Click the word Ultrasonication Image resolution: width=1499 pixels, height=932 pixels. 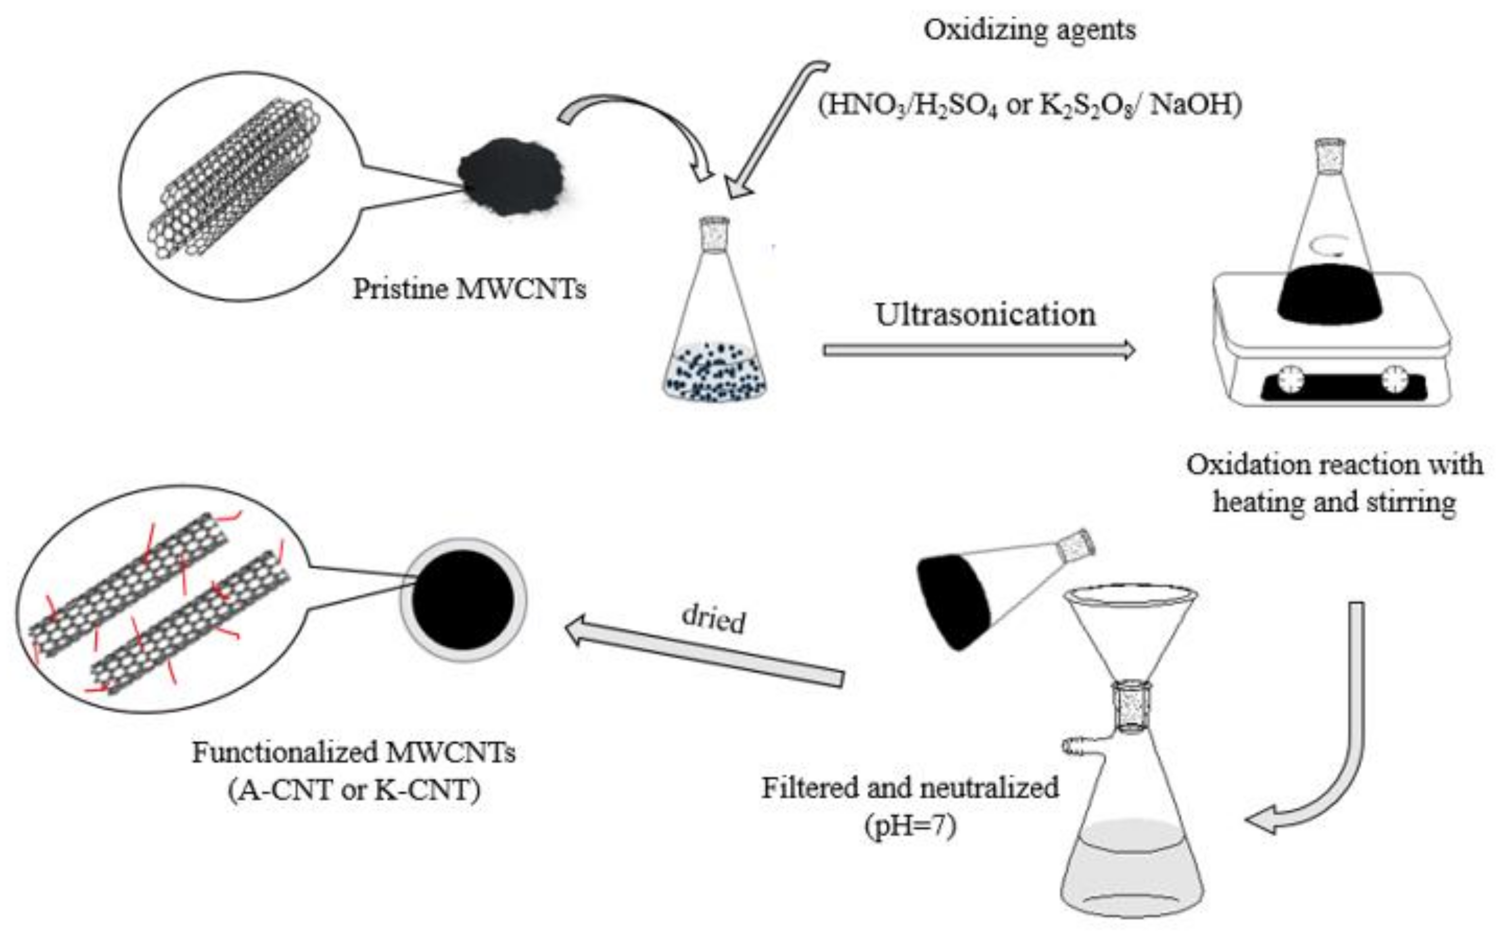coord(986,315)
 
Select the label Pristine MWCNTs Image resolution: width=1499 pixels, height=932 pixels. coord(469,289)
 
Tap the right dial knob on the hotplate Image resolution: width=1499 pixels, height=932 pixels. coord(1394,380)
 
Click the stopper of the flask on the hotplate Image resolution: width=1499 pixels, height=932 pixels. coord(1330,155)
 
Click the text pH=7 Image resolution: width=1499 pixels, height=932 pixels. coord(910,826)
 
